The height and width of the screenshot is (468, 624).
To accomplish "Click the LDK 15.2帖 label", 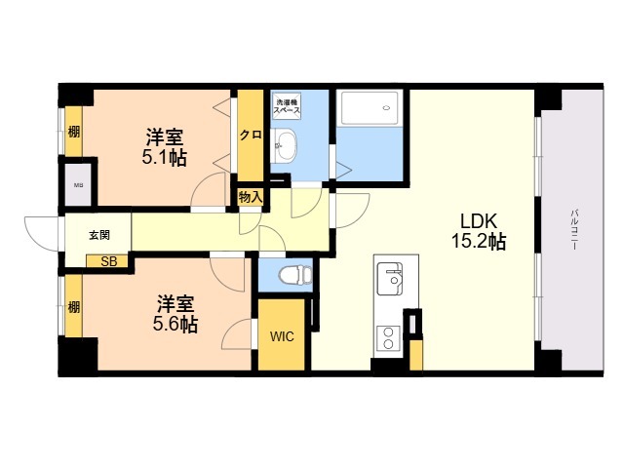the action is tap(479, 231).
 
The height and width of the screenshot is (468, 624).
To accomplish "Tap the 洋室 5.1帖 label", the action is tap(165, 147).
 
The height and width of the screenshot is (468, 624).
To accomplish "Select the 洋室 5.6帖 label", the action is tap(175, 314).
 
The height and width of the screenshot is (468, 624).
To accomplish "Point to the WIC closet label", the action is tap(282, 336).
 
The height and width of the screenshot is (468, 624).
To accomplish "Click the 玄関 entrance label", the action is tap(99, 235).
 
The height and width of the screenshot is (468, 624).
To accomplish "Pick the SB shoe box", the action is tap(107, 261).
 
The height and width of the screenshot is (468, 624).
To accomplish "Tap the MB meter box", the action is tap(78, 184).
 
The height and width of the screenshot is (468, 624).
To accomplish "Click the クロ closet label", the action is tap(251, 135).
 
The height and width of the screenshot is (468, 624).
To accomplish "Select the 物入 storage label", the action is tap(251, 197).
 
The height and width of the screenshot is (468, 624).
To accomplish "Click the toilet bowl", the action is tap(295, 275).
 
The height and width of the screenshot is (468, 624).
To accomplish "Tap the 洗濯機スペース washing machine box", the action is tap(287, 105).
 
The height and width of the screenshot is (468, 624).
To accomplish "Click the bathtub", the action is tap(370, 108).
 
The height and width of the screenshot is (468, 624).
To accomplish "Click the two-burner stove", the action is tap(388, 338).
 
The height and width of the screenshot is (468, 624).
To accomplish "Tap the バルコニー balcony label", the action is tap(574, 229).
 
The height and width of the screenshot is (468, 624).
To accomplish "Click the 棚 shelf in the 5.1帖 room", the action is tap(74, 132).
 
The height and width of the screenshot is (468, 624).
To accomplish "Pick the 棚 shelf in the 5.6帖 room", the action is tap(74, 307).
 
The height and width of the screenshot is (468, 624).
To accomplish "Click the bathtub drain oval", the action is tap(386, 107).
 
